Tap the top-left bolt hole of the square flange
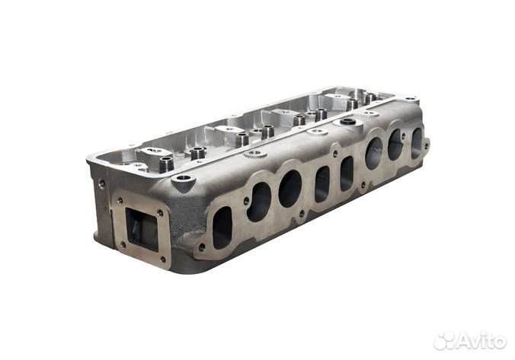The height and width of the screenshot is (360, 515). tap(120, 200)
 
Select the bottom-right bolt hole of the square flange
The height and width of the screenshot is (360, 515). tap(163, 260)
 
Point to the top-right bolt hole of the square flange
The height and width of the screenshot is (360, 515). tap(160, 213)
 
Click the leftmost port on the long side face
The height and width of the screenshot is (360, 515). tap(222, 228)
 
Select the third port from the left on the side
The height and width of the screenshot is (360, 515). tap(289, 189)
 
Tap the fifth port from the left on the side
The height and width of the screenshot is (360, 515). tap(347, 174)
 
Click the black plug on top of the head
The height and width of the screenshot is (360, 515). tap(347, 122)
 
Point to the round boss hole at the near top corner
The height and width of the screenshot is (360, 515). tap(184, 179)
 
